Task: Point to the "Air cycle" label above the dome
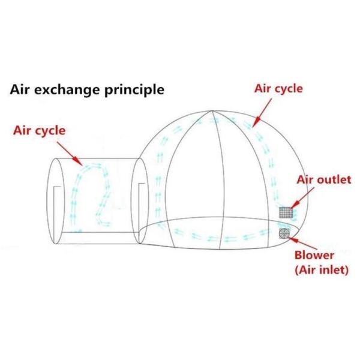[x=278, y=89]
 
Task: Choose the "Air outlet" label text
[x=323, y=181]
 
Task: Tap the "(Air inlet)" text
[x=322, y=270]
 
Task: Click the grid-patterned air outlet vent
[x=286, y=212]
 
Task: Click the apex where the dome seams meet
[x=212, y=112]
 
